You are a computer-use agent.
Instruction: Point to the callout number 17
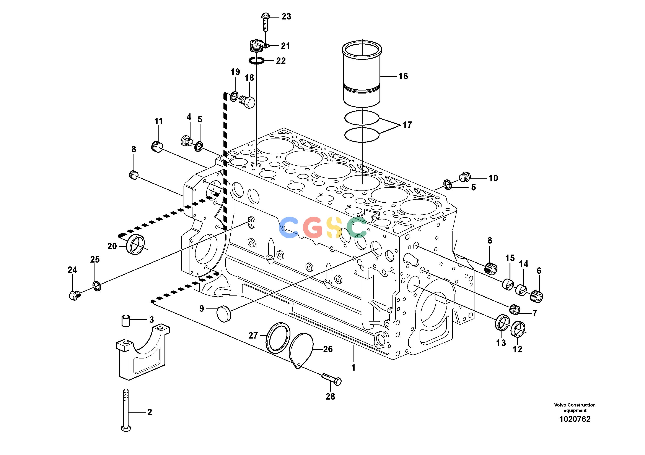(x=407, y=125)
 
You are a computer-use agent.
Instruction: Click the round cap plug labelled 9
(x=224, y=314)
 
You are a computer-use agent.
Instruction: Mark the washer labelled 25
(x=97, y=286)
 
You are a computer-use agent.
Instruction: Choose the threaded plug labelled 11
(x=157, y=147)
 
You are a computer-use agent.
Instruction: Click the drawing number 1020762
(x=575, y=419)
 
